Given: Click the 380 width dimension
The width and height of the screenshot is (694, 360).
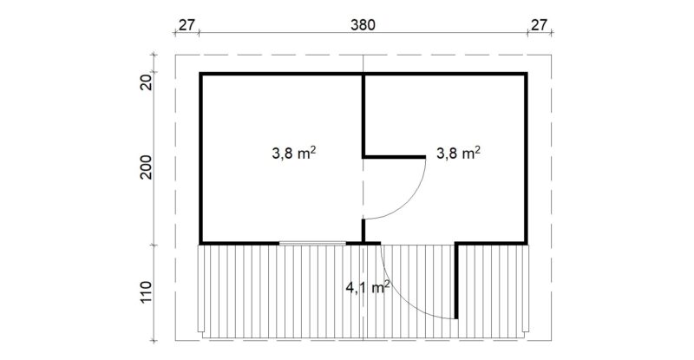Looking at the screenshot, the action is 363,25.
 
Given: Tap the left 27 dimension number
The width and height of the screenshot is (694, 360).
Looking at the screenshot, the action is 187,25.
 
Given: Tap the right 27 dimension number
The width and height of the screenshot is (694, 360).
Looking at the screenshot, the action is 539,25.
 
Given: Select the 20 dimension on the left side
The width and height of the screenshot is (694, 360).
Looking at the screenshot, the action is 146,82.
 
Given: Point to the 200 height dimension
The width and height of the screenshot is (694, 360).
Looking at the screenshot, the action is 146,167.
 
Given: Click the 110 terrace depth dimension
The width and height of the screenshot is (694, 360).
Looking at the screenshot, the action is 146,292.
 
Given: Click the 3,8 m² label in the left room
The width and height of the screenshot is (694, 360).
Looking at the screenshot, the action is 293,154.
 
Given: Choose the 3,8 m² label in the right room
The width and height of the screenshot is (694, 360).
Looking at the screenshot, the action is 459,154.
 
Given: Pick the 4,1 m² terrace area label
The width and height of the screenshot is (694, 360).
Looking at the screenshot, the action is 367,288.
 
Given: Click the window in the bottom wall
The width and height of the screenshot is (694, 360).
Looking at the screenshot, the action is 312,243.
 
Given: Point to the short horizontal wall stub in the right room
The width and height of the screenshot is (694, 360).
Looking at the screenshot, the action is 395,157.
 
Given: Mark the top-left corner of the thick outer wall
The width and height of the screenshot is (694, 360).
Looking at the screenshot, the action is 200,73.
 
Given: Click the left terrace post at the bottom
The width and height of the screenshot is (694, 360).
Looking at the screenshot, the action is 200,289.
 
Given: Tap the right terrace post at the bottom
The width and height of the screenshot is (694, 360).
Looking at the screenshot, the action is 526,289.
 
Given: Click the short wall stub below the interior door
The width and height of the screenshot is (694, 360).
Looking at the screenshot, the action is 363,230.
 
